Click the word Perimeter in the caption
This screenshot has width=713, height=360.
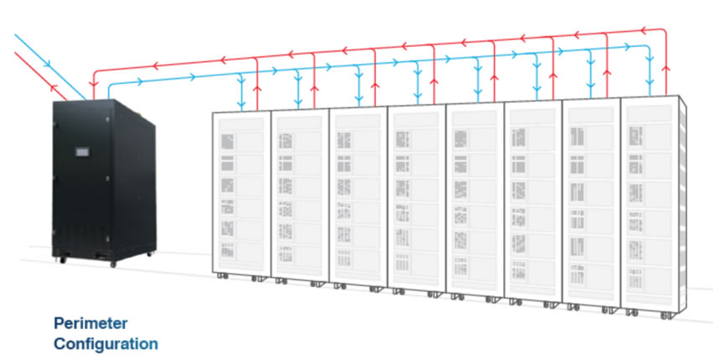(x=91, y=324)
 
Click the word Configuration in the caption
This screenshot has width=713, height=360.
(x=106, y=343)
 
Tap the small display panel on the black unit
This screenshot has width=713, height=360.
(x=82, y=152)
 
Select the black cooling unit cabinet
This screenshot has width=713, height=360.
(x=104, y=182)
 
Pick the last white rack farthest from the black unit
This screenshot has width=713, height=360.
(x=654, y=206)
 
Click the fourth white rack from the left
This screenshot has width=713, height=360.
(x=417, y=201)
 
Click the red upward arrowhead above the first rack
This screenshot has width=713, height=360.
(x=257, y=89)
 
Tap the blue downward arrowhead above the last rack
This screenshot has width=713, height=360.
(x=650, y=81)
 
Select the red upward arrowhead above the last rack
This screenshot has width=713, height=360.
(x=666, y=69)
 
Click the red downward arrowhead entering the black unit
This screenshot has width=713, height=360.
(x=94, y=84)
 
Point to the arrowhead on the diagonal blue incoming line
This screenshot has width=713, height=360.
(x=47, y=64)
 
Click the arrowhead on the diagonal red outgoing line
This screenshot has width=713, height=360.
(x=55, y=87)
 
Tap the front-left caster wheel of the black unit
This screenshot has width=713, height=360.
(x=62, y=260)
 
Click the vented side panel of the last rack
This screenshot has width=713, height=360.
(x=683, y=205)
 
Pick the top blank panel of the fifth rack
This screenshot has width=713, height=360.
(x=475, y=117)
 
